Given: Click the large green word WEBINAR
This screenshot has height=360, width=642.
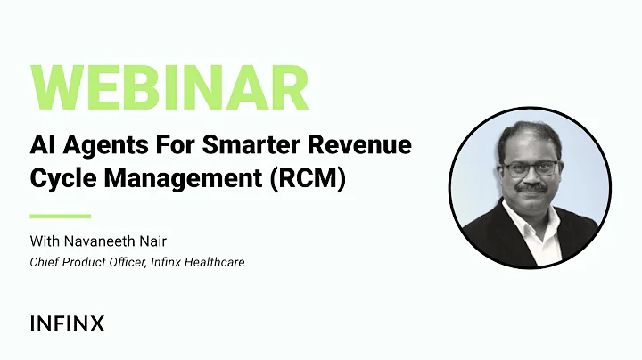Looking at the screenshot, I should tap(169, 88).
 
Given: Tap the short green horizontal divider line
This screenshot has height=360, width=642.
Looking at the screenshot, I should tap(60, 216).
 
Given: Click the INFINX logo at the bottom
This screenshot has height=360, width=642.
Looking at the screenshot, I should tap(67, 323).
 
